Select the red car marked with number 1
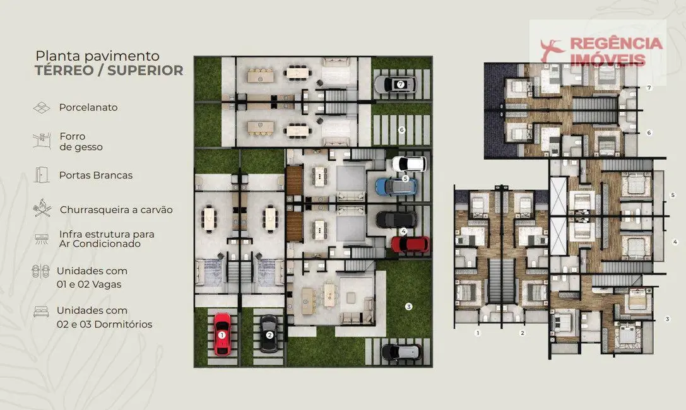[222, 334]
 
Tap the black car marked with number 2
[269, 334]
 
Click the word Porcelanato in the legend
[88, 107]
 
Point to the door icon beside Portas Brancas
[42, 175]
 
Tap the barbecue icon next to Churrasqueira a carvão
[42, 208]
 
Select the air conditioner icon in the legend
[42, 238]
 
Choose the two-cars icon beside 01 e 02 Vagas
[42, 272]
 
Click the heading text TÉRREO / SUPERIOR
[109, 70]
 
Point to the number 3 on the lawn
[409, 307]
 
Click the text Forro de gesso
[81, 141]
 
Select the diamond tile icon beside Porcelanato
[42, 108]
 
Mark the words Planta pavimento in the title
[97, 56]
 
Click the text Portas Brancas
[96, 175]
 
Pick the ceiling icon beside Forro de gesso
[42, 140]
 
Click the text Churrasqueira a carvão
[116, 209]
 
